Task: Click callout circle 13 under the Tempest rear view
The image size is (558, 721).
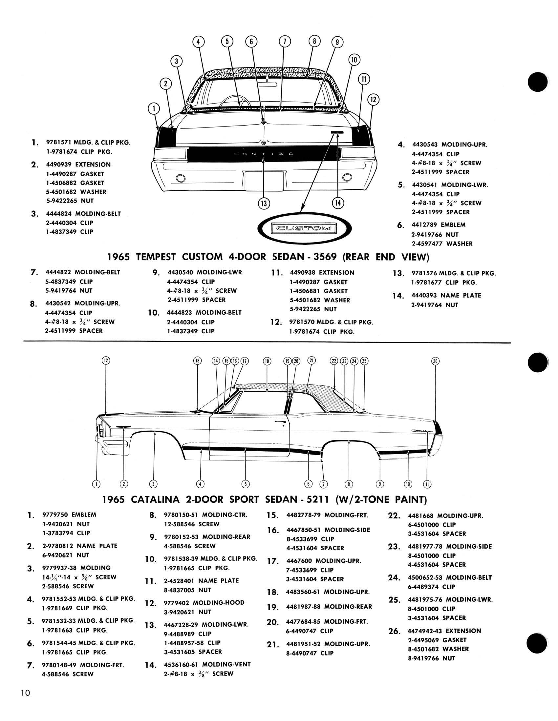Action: [x=264, y=204]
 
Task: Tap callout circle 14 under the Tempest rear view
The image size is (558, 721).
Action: [x=338, y=202]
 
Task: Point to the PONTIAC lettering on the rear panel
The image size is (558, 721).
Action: [x=263, y=154]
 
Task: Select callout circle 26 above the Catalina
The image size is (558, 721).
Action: [x=435, y=361]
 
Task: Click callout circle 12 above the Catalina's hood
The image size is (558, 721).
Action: [x=106, y=360]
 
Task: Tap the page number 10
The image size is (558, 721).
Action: [x=26, y=692]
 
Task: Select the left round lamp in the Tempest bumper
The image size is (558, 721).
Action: [x=181, y=179]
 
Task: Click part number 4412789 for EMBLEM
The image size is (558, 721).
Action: [x=424, y=225]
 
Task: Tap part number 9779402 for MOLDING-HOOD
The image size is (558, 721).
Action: [x=177, y=602]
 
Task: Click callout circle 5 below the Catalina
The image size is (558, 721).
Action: [x=245, y=484]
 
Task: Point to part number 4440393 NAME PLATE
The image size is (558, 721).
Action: [x=424, y=296]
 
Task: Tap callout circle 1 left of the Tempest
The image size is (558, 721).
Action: [x=154, y=108]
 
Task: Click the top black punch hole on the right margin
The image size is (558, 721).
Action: [x=538, y=82]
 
